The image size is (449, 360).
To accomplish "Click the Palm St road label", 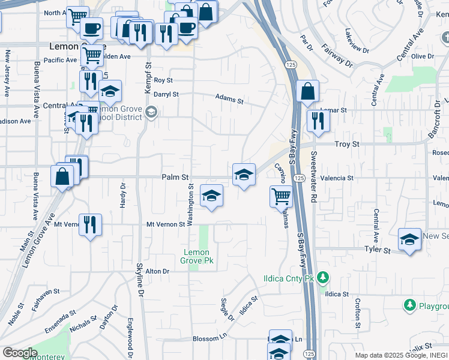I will [x=175, y=178].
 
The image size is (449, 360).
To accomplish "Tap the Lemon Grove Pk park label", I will [x=197, y=257].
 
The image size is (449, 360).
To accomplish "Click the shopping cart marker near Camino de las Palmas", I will [x=281, y=196].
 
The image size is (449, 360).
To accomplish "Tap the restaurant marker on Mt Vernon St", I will [x=91, y=225].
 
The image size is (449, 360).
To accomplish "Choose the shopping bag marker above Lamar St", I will [x=307, y=92].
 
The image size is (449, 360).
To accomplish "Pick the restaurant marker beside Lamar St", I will [x=318, y=121].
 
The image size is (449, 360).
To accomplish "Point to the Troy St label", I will [x=346, y=145].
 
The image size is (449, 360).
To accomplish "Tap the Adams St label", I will [x=229, y=99].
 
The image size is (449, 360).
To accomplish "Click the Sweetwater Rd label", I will [x=313, y=175].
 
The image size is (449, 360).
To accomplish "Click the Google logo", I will [x=20, y=353].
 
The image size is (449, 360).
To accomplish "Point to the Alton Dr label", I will [x=158, y=271].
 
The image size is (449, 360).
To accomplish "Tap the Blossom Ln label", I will [x=208, y=339].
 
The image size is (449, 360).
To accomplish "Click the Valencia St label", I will [x=337, y=178].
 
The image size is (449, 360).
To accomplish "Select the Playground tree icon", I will [x=410, y=305].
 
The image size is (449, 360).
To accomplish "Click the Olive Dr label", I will [x=422, y=56].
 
